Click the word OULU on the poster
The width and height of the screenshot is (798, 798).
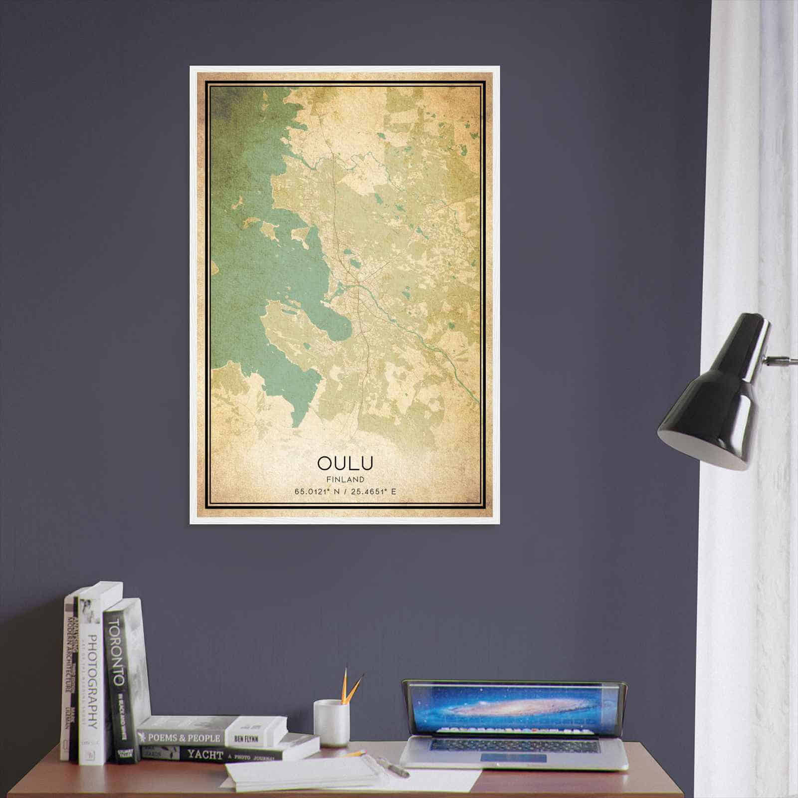point(345,463)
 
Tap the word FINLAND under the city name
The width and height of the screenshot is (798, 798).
point(345,479)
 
